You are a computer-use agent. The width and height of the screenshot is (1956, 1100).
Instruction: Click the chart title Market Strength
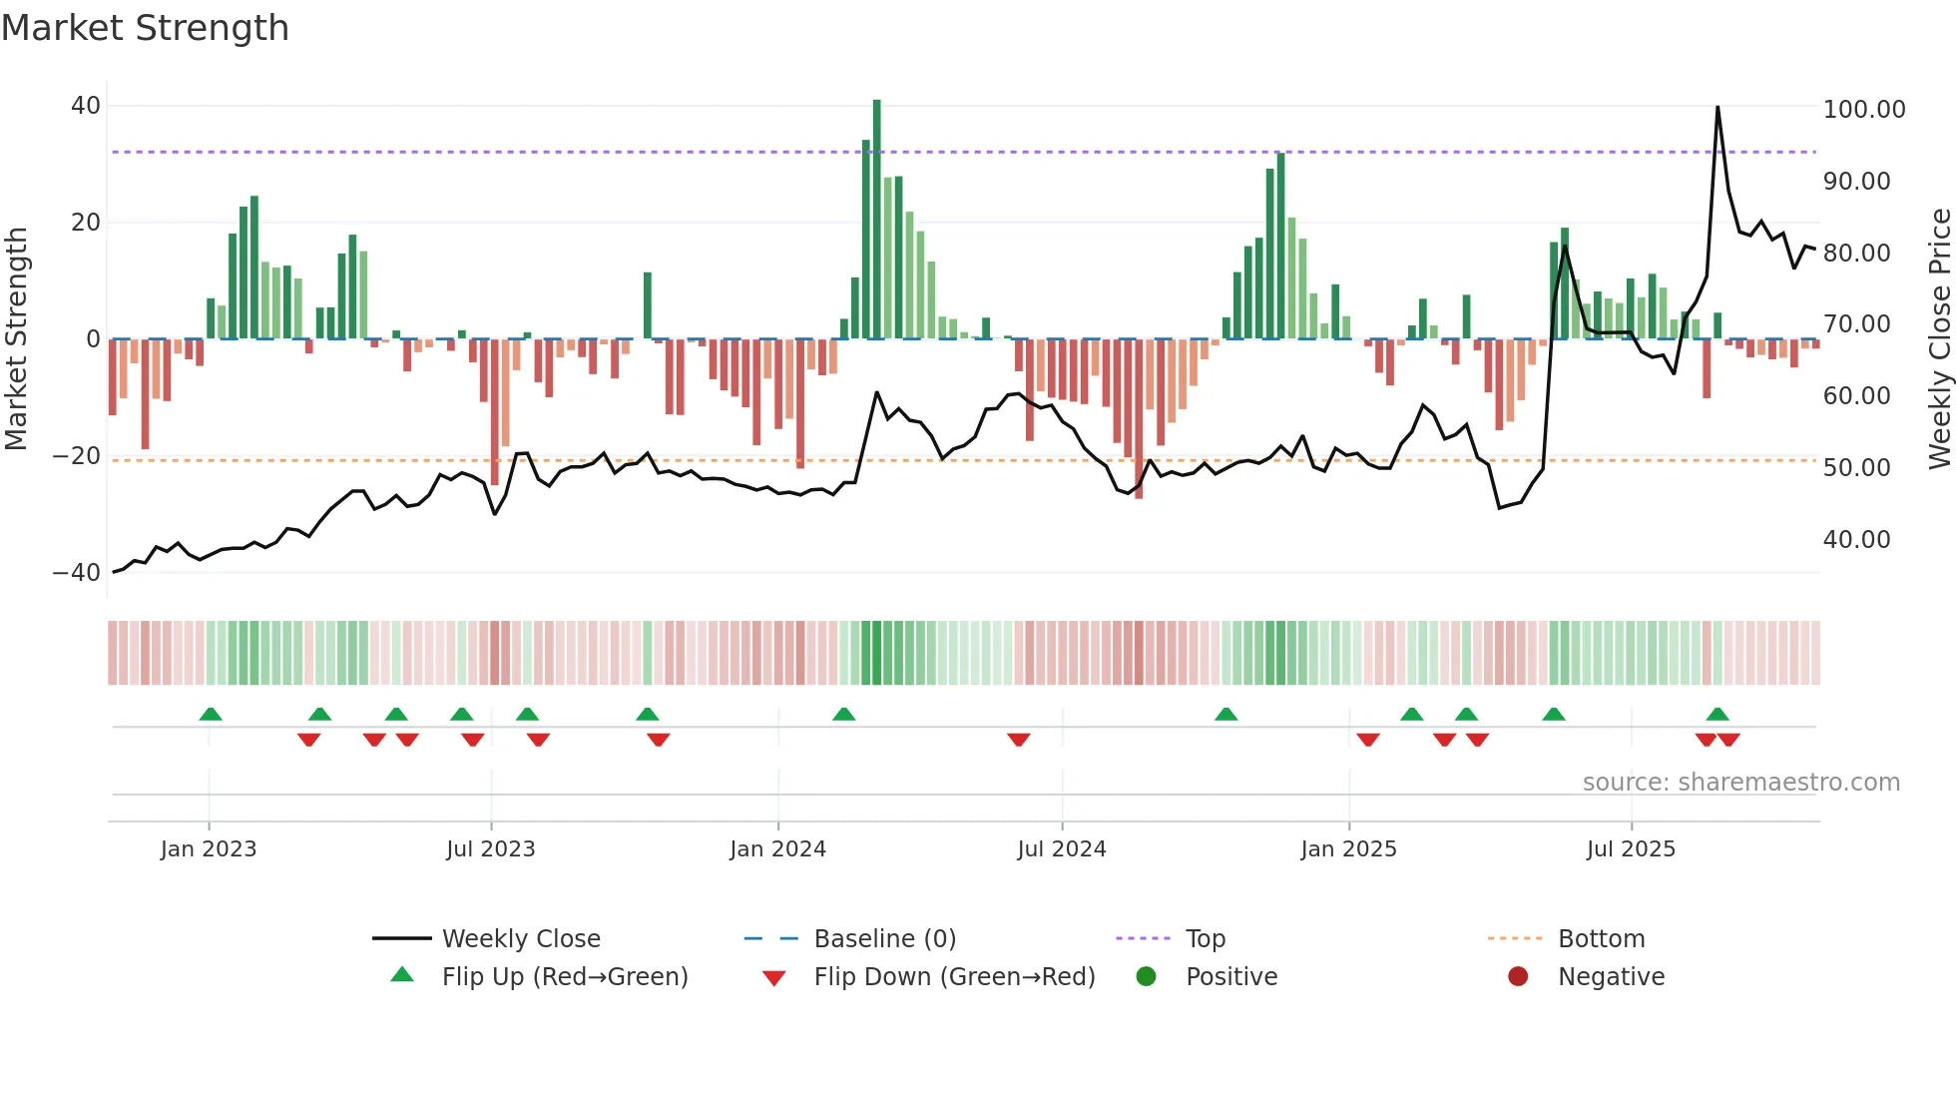coord(145,28)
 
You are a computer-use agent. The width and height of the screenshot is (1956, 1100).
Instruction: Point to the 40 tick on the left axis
coord(86,106)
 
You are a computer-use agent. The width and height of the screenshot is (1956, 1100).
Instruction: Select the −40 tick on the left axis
coord(77,573)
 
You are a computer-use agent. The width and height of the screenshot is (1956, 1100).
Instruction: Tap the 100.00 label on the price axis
coord(1863,110)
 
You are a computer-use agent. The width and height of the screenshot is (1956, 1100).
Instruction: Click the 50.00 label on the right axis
coord(1856,468)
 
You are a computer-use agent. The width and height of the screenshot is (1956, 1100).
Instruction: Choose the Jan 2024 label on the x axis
coord(777,849)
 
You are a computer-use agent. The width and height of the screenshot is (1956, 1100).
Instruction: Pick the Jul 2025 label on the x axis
coord(1631,849)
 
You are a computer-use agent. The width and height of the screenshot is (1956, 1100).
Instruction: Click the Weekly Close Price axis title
coord(1939,339)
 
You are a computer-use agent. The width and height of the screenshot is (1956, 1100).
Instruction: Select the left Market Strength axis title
coord(16,339)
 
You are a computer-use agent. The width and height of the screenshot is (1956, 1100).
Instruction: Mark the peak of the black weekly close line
coord(1717,107)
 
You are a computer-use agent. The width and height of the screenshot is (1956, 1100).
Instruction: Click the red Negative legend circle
coord(1518,977)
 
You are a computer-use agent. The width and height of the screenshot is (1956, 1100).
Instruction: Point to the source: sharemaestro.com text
coord(1740,783)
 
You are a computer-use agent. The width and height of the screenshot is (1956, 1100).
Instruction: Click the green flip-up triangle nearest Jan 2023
coord(211,715)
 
